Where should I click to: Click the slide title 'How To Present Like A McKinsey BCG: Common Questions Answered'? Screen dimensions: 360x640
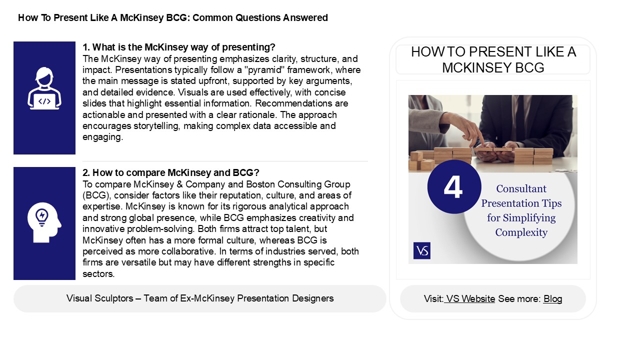173,18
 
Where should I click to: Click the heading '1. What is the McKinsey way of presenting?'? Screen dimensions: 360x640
179,47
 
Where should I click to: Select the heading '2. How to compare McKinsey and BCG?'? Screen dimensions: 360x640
171,173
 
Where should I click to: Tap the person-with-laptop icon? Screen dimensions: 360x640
44,89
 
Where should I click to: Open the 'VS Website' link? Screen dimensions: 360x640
470,299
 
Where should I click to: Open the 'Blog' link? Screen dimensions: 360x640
552,299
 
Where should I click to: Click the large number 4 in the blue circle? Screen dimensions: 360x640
453,187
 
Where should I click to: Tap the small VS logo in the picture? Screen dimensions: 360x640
422,251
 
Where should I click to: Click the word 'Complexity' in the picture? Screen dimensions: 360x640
521,232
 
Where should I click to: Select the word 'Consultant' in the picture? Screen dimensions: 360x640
521,189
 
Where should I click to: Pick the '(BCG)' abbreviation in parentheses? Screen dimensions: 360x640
94,195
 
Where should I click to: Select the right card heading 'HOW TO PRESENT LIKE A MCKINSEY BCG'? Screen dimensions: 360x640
493,59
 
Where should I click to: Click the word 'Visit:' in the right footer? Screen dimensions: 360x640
433,299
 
